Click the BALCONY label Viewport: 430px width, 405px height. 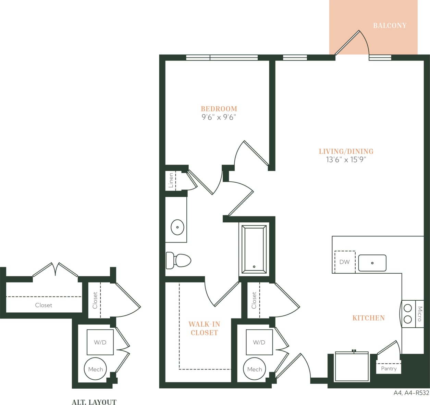click(x=390, y=26)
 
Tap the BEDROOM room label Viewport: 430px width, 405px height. click(x=219, y=109)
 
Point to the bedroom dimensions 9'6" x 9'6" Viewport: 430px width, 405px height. click(x=219, y=117)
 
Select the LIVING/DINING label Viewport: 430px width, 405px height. click(x=346, y=151)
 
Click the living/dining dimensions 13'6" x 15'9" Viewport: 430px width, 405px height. click(x=346, y=159)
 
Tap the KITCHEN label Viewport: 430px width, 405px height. click(x=368, y=318)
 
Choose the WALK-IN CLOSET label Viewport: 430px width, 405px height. click(x=204, y=328)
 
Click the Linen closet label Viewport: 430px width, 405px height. click(x=171, y=180)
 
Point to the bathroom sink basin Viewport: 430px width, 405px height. click(x=177, y=227)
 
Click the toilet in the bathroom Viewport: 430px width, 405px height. click(x=179, y=260)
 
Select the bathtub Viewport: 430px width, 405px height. click(x=254, y=249)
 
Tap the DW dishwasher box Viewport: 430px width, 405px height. click(x=344, y=262)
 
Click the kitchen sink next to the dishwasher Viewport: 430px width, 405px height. click(x=372, y=263)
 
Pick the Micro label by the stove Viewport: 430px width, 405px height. click(x=420, y=314)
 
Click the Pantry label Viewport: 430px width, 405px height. click(x=389, y=368)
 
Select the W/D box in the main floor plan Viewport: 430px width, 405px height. click(x=259, y=342)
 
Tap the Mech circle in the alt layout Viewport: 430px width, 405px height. click(x=96, y=369)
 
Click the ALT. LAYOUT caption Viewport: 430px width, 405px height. click(x=94, y=402)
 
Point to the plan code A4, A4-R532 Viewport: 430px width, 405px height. click(x=411, y=393)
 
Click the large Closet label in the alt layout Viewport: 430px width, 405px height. click(x=44, y=305)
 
